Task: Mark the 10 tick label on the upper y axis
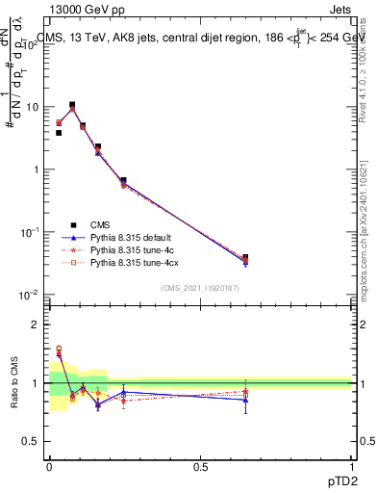click(33, 107)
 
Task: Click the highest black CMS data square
click(72, 104)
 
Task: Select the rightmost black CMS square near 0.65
click(245, 257)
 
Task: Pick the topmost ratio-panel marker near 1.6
click(59, 349)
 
